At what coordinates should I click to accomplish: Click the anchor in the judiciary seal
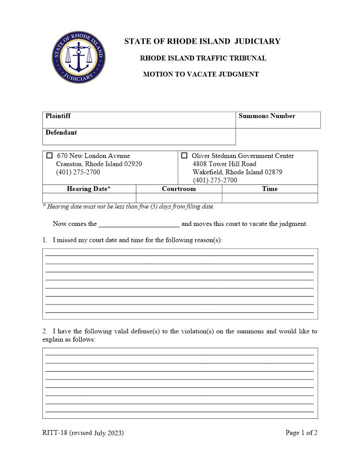[78, 57]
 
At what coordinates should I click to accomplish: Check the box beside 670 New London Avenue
[49, 156]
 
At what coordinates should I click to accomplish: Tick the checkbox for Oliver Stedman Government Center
[184, 156]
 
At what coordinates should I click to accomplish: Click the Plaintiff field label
[58, 116]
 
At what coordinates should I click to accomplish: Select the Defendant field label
[61, 132]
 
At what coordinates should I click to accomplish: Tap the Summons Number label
[267, 116]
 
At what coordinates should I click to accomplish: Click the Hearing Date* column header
[89, 189]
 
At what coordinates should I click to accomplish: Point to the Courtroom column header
[179, 189]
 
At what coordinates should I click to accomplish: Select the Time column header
[270, 189]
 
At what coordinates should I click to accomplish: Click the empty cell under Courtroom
[179, 198]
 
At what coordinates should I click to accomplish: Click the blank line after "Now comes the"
[139, 224]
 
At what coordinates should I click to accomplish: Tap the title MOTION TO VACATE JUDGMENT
[201, 75]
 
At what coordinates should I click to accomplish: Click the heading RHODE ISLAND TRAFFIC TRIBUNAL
[203, 58]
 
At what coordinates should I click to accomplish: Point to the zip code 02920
[133, 164]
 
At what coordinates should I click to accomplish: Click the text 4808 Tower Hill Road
[224, 164]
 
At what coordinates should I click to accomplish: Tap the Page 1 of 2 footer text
[301, 433]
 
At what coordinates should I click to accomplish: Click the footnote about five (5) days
[128, 207]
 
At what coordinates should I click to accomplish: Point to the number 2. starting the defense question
[45, 331]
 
